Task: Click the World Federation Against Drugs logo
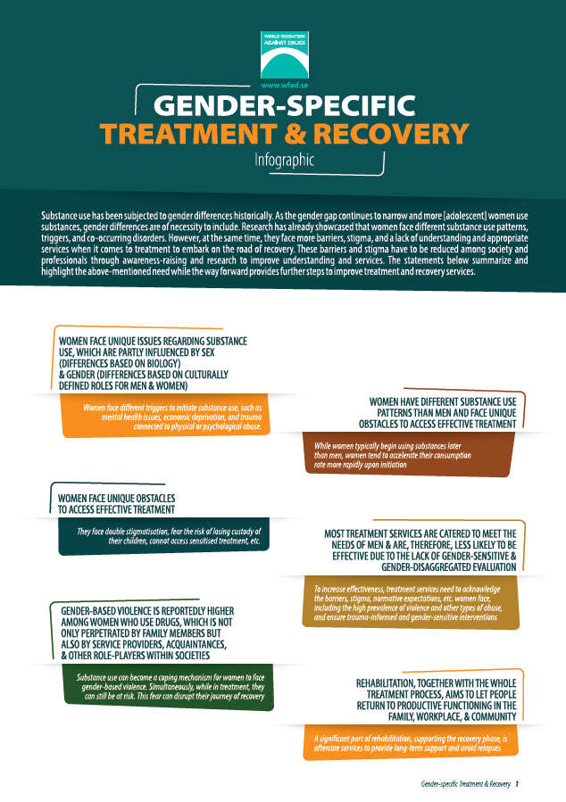point(285,54)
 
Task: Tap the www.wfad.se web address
point(285,86)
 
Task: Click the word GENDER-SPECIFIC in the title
point(284,106)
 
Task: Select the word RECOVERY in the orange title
point(391,134)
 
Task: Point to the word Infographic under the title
point(285,160)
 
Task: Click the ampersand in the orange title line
point(295,134)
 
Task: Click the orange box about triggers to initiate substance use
point(166,417)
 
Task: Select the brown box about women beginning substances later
point(408,455)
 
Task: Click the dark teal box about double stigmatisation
point(163,536)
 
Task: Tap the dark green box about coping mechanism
point(168,687)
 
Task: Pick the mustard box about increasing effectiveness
point(411,602)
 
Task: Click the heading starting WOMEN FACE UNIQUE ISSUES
point(153,363)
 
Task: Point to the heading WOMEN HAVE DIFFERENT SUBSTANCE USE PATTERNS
point(437,413)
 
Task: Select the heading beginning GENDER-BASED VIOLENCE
point(147,633)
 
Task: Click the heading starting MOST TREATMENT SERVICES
point(420,550)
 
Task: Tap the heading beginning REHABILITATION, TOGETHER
point(436,699)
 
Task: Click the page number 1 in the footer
point(517,783)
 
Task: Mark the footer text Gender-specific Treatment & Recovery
point(466,783)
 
